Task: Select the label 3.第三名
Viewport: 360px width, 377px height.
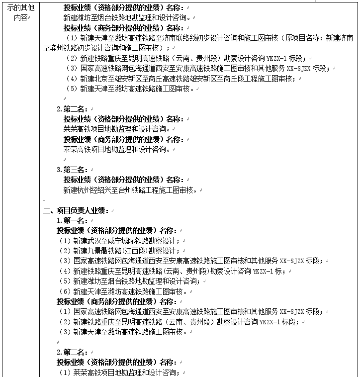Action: pos(72,170)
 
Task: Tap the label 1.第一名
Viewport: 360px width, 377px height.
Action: pos(72,220)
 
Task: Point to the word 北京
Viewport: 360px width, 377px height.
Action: pos(99,79)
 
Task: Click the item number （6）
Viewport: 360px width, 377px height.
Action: pos(65,291)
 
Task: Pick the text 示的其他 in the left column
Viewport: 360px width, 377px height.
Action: pos(21,8)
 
